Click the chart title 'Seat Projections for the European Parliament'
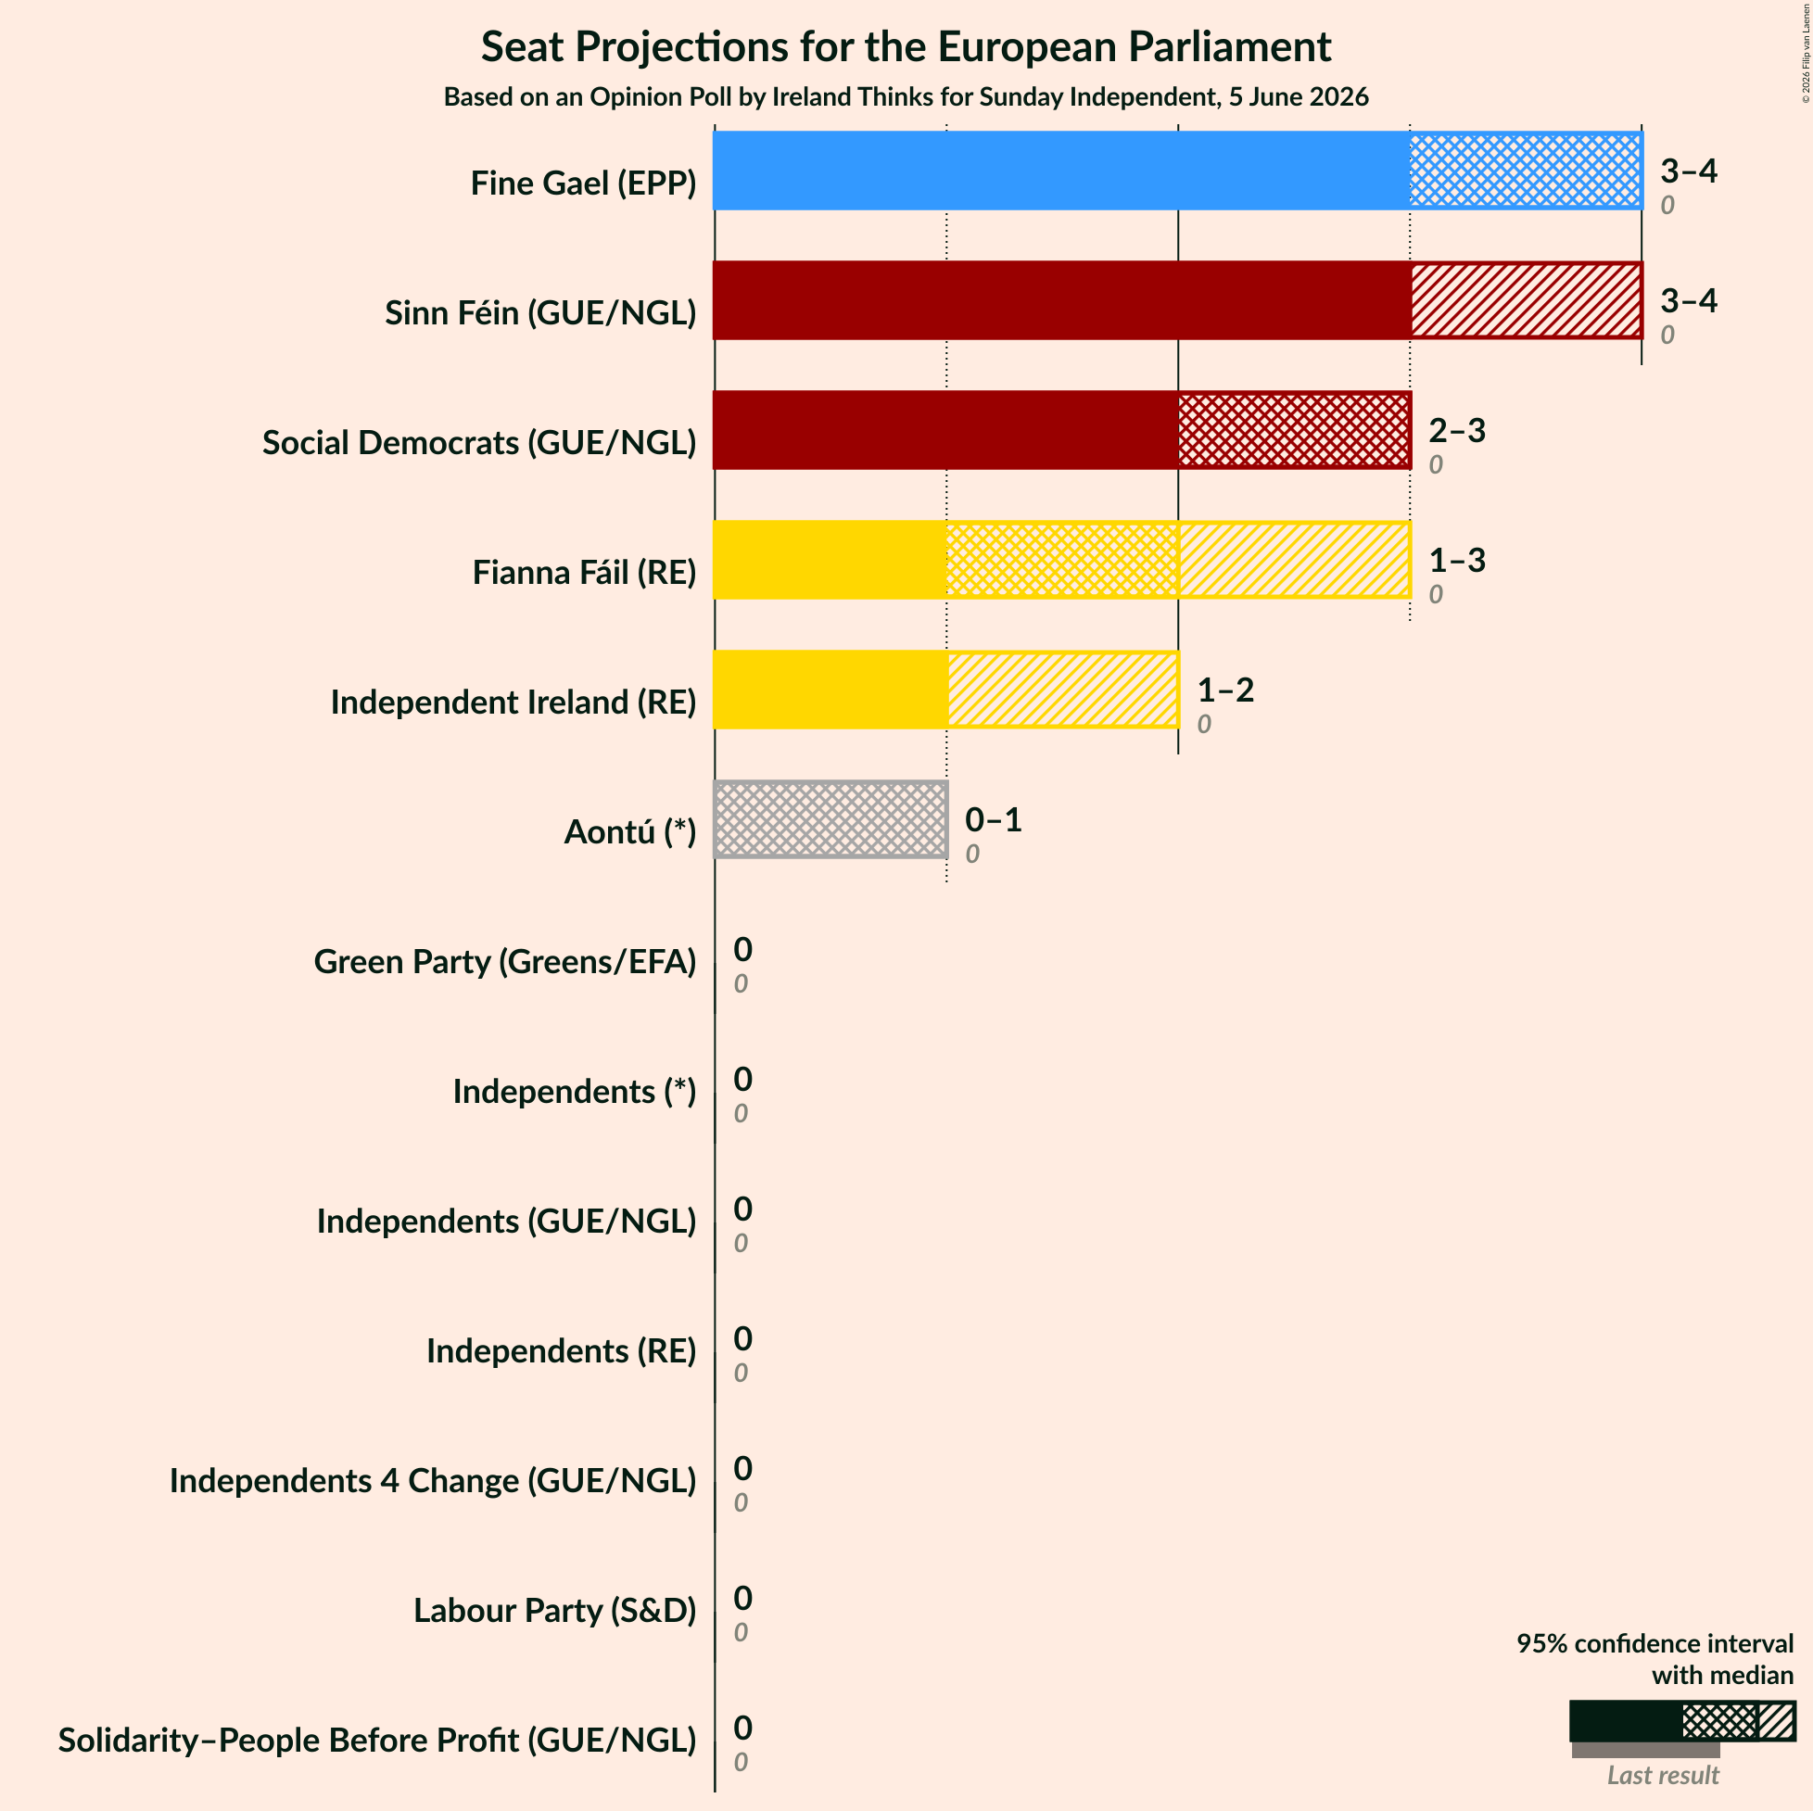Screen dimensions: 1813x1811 pos(906,47)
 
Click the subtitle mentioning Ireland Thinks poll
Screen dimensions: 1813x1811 pos(906,96)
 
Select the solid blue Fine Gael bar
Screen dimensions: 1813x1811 pos(1061,170)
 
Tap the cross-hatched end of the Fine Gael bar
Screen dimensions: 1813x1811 pos(1527,170)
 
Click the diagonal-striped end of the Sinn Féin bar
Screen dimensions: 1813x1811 pos(1527,300)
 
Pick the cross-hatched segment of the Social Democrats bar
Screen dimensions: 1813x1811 pos(1295,430)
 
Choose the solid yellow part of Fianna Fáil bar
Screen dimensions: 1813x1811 pos(830,559)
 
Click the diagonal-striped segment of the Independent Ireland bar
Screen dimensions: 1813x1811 pos(1063,690)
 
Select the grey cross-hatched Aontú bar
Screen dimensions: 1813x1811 pos(830,819)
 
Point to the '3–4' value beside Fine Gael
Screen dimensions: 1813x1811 pos(1688,171)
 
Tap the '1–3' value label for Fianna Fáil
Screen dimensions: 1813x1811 pos(1457,560)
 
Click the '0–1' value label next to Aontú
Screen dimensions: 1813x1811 pos(993,820)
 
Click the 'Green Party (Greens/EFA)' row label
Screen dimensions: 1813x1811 pos(505,962)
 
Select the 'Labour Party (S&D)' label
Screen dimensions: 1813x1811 pos(555,1610)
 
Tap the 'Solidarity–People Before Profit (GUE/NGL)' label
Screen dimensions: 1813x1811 pos(377,1740)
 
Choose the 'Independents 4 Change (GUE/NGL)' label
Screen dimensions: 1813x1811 pos(433,1481)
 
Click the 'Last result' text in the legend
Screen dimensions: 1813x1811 pos(1663,1776)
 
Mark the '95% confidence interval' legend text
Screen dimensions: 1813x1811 pos(1655,1643)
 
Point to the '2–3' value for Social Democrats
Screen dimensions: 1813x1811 pos(1457,431)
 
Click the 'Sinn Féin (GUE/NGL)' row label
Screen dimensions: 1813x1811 pos(540,312)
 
